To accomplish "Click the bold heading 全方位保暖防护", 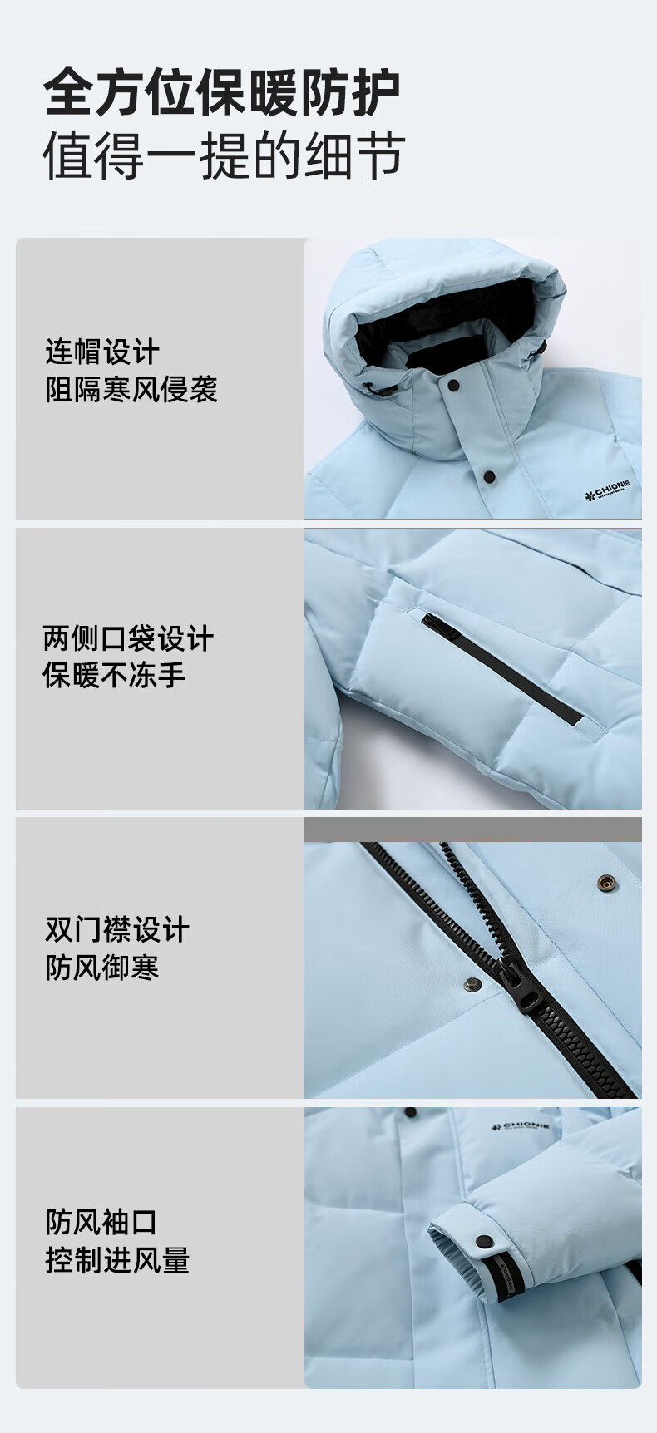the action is click(x=222, y=92).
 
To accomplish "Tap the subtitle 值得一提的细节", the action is click(x=225, y=155).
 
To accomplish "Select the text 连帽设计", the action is click(x=101, y=352).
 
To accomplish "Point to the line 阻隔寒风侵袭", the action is click(x=131, y=389).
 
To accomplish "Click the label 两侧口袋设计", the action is click(x=129, y=638).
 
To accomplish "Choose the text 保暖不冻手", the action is click(x=115, y=675).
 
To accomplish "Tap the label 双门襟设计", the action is click(x=117, y=929).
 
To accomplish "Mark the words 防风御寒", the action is click(x=101, y=967).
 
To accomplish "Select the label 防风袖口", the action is click(x=101, y=1222).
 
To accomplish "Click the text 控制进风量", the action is click(x=117, y=1260).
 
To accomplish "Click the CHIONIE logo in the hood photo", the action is click(x=608, y=490).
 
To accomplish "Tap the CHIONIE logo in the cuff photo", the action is click(x=521, y=1129).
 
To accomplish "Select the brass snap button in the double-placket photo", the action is click(x=607, y=882).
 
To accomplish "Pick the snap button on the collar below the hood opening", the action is click(x=453, y=386).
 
